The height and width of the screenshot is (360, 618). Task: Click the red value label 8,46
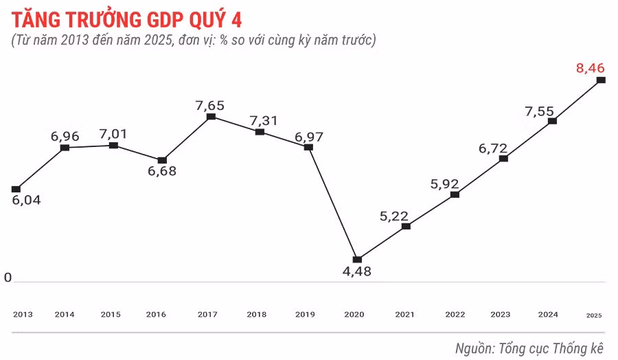(x=591, y=67)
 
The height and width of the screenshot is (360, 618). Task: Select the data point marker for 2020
(x=357, y=260)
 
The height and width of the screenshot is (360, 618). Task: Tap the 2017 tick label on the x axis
(x=207, y=315)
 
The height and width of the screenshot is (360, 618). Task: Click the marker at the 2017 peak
(x=211, y=117)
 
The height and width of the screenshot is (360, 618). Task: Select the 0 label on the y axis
(x=8, y=278)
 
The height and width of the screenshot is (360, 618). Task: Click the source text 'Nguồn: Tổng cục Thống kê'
(x=529, y=348)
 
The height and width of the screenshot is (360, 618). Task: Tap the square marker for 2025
(x=601, y=80)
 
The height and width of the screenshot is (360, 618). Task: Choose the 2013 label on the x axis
(x=23, y=315)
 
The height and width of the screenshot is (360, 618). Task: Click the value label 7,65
(x=209, y=105)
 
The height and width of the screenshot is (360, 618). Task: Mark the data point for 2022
(x=455, y=194)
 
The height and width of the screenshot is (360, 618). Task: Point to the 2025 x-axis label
(x=594, y=315)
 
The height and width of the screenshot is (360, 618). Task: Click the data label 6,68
(x=162, y=171)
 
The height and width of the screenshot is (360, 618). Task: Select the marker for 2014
(x=65, y=148)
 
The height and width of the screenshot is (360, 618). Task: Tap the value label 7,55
(x=539, y=111)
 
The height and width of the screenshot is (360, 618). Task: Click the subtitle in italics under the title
(x=194, y=41)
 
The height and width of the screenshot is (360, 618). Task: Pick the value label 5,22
(x=394, y=216)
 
